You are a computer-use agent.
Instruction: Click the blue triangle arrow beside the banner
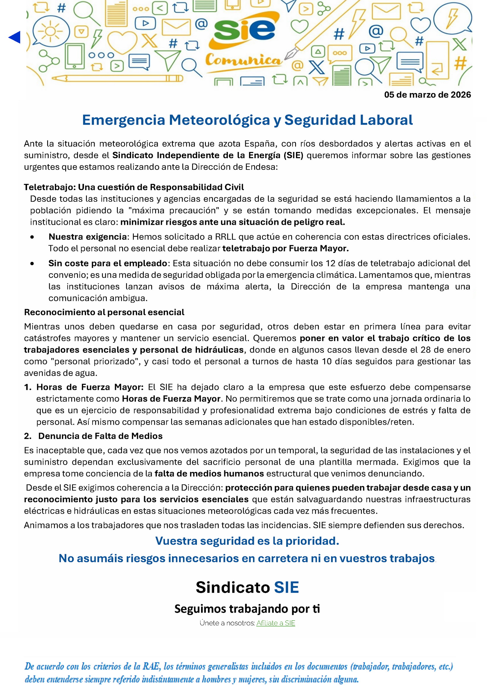tap(15, 37)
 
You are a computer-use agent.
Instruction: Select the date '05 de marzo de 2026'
tap(427, 95)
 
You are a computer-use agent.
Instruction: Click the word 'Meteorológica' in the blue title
tap(219, 120)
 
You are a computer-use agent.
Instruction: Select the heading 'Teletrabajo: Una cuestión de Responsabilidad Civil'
tap(134, 187)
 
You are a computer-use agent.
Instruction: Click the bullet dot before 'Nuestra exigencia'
tap(32, 237)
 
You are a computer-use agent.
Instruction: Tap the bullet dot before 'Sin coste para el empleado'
tap(32, 264)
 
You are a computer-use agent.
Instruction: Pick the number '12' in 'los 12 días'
tap(330, 263)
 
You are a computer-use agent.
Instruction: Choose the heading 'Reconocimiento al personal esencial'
tap(104, 312)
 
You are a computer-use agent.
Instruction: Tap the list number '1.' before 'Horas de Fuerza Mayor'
tap(28, 387)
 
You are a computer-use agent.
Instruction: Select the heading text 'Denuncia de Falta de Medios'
tap(100, 436)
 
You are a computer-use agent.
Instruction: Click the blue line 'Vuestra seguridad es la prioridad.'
tap(247, 541)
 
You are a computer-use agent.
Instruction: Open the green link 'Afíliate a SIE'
tap(276, 623)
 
